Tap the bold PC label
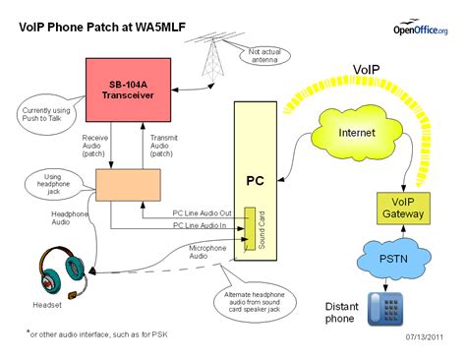[x=255, y=181]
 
